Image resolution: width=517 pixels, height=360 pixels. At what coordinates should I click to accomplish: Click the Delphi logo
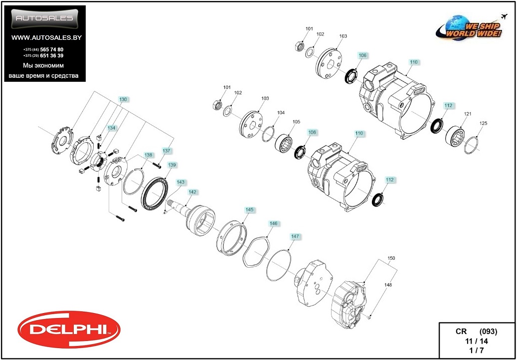69,330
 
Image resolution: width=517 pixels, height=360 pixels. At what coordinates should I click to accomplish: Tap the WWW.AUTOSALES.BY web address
46,38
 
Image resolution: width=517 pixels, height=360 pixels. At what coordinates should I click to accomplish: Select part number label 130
123,100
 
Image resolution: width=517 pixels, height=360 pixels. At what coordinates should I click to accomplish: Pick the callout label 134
112,128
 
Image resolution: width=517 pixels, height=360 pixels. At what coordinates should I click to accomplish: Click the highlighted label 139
172,165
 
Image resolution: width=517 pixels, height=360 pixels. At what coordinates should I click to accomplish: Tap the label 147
295,236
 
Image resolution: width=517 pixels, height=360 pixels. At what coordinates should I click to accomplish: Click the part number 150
391,258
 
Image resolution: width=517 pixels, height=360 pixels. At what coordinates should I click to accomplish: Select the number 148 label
387,285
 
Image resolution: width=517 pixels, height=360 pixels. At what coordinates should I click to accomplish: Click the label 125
483,123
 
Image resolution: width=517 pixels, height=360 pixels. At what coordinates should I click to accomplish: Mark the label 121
468,114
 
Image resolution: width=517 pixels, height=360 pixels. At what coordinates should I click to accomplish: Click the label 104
281,113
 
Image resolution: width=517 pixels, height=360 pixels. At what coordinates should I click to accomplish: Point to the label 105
296,122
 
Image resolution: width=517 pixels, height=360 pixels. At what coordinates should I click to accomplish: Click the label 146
274,224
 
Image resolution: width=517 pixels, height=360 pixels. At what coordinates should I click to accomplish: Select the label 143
180,182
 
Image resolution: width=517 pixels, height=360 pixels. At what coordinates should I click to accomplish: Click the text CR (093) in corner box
476,332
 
